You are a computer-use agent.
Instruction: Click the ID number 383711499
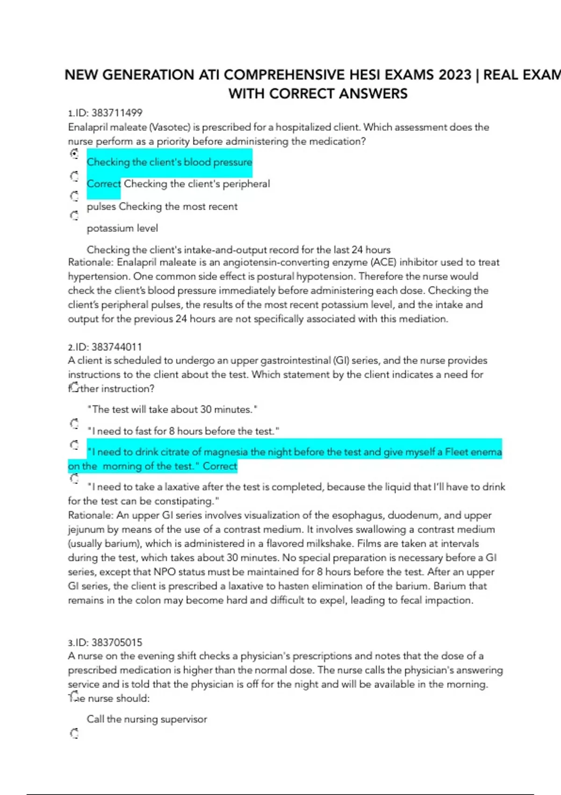pos(117,113)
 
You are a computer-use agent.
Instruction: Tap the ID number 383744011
pos(117,347)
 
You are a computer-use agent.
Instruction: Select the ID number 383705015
pos(117,643)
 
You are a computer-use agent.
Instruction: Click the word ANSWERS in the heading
pos(373,94)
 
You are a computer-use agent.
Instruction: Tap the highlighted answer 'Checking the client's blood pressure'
pos(169,162)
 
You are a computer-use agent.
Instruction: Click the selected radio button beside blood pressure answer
pos(74,153)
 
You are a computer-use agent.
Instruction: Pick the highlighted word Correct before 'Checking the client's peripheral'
pos(103,184)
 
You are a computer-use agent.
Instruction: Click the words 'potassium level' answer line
pos(122,228)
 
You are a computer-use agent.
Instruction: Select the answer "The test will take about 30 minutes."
pos(173,410)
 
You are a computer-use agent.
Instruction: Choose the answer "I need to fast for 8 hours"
pos(183,431)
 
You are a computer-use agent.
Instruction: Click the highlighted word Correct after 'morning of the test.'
pos(220,466)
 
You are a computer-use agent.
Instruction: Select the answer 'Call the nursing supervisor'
pos(147,719)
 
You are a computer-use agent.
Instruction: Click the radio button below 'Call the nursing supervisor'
pos(74,733)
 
